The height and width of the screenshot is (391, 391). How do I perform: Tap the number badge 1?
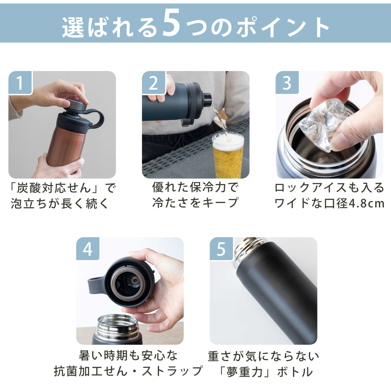(x=20, y=82)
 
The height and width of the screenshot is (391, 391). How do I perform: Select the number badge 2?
(x=153, y=82)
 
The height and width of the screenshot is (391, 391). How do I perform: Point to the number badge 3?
(x=287, y=82)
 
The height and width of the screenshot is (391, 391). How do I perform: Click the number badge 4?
(x=88, y=249)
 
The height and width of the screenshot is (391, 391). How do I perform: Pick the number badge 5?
(x=221, y=249)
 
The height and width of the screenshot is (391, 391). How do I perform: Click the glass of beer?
(x=228, y=155)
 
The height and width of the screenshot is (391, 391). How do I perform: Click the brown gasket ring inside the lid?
(x=129, y=283)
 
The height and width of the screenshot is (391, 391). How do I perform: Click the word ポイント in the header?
(x=282, y=27)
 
